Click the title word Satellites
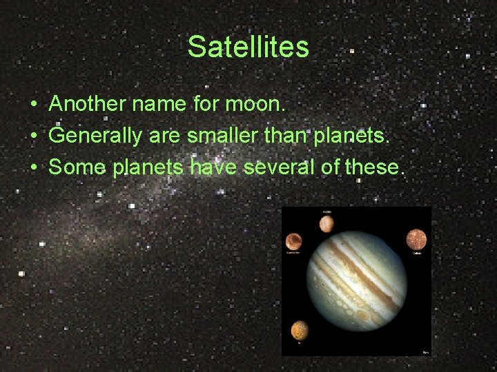248,48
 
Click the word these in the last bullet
374,167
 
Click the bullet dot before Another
33,105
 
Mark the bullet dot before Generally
33,136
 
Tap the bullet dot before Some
33,167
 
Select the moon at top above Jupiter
327,224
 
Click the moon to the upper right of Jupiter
416,238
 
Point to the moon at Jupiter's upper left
293,241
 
